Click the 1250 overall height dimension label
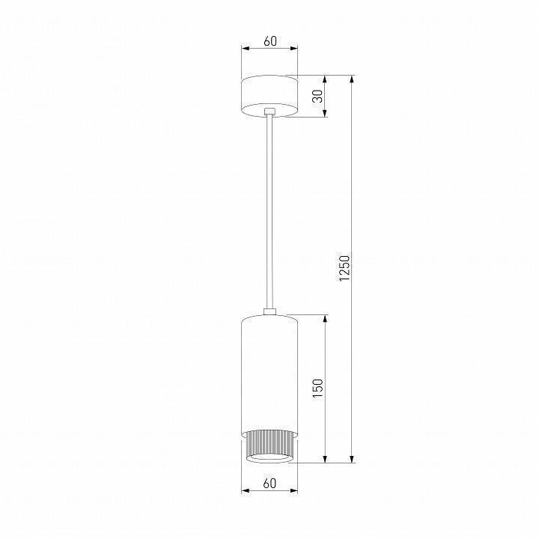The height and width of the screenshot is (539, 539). click(x=344, y=269)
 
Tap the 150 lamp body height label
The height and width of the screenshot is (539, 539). click(x=317, y=387)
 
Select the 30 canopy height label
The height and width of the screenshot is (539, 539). click(x=317, y=96)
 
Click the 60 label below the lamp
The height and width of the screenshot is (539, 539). click(x=269, y=484)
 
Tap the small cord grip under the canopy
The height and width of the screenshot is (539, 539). click(x=269, y=112)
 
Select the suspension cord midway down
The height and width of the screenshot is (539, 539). click(x=269, y=210)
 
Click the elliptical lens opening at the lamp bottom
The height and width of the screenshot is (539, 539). click(x=269, y=457)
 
